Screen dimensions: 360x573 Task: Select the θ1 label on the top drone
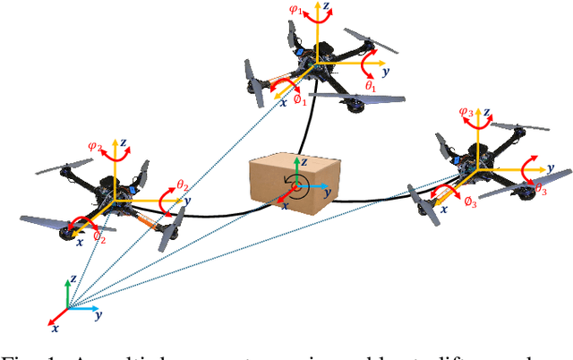371,85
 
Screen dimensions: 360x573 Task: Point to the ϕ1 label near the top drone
301,101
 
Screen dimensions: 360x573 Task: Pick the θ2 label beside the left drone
182,185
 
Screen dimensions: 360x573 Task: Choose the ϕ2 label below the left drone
99,239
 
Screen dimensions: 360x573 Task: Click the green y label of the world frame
97,315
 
